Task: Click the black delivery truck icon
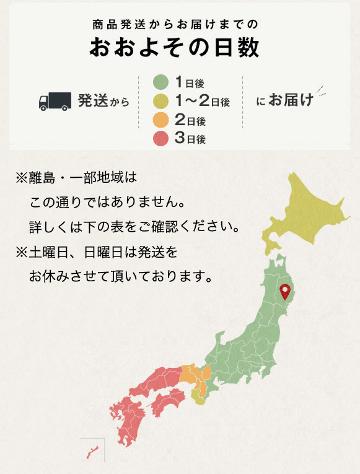(x=55, y=101)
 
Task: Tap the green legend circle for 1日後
(x=161, y=82)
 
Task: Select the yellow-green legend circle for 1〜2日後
(x=161, y=100)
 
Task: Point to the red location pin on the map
(x=285, y=291)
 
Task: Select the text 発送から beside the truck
(x=103, y=101)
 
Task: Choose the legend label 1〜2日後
(x=202, y=100)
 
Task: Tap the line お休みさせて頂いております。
(x=121, y=274)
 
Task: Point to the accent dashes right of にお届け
(x=321, y=92)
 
